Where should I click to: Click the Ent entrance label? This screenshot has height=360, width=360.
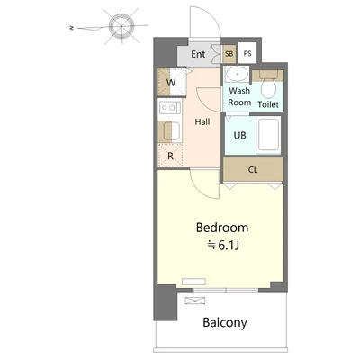(x=198, y=54)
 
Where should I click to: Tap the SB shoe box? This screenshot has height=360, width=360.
(x=229, y=54)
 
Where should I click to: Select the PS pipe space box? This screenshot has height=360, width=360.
(x=247, y=53)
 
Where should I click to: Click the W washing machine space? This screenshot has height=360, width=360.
(x=171, y=82)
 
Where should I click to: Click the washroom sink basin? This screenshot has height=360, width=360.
(x=237, y=74)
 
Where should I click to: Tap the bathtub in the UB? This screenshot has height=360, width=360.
(x=269, y=135)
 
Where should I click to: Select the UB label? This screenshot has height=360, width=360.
(x=240, y=136)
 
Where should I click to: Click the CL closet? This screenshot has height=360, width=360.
(x=253, y=170)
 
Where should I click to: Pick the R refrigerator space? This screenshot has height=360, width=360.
(x=170, y=156)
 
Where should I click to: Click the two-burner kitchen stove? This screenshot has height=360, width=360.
(x=170, y=107)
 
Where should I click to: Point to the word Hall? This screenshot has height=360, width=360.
(x=202, y=121)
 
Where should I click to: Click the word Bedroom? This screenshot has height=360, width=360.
(x=222, y=228)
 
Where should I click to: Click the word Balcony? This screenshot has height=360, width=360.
(x=225, y=323)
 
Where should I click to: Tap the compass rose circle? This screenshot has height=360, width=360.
(x=121, y=26)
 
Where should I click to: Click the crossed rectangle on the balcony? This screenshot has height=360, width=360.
(x=195, y=301)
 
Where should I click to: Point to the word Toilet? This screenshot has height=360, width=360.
(x=268, y=104)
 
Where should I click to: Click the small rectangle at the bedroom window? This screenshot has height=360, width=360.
(x=193, y=282)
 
